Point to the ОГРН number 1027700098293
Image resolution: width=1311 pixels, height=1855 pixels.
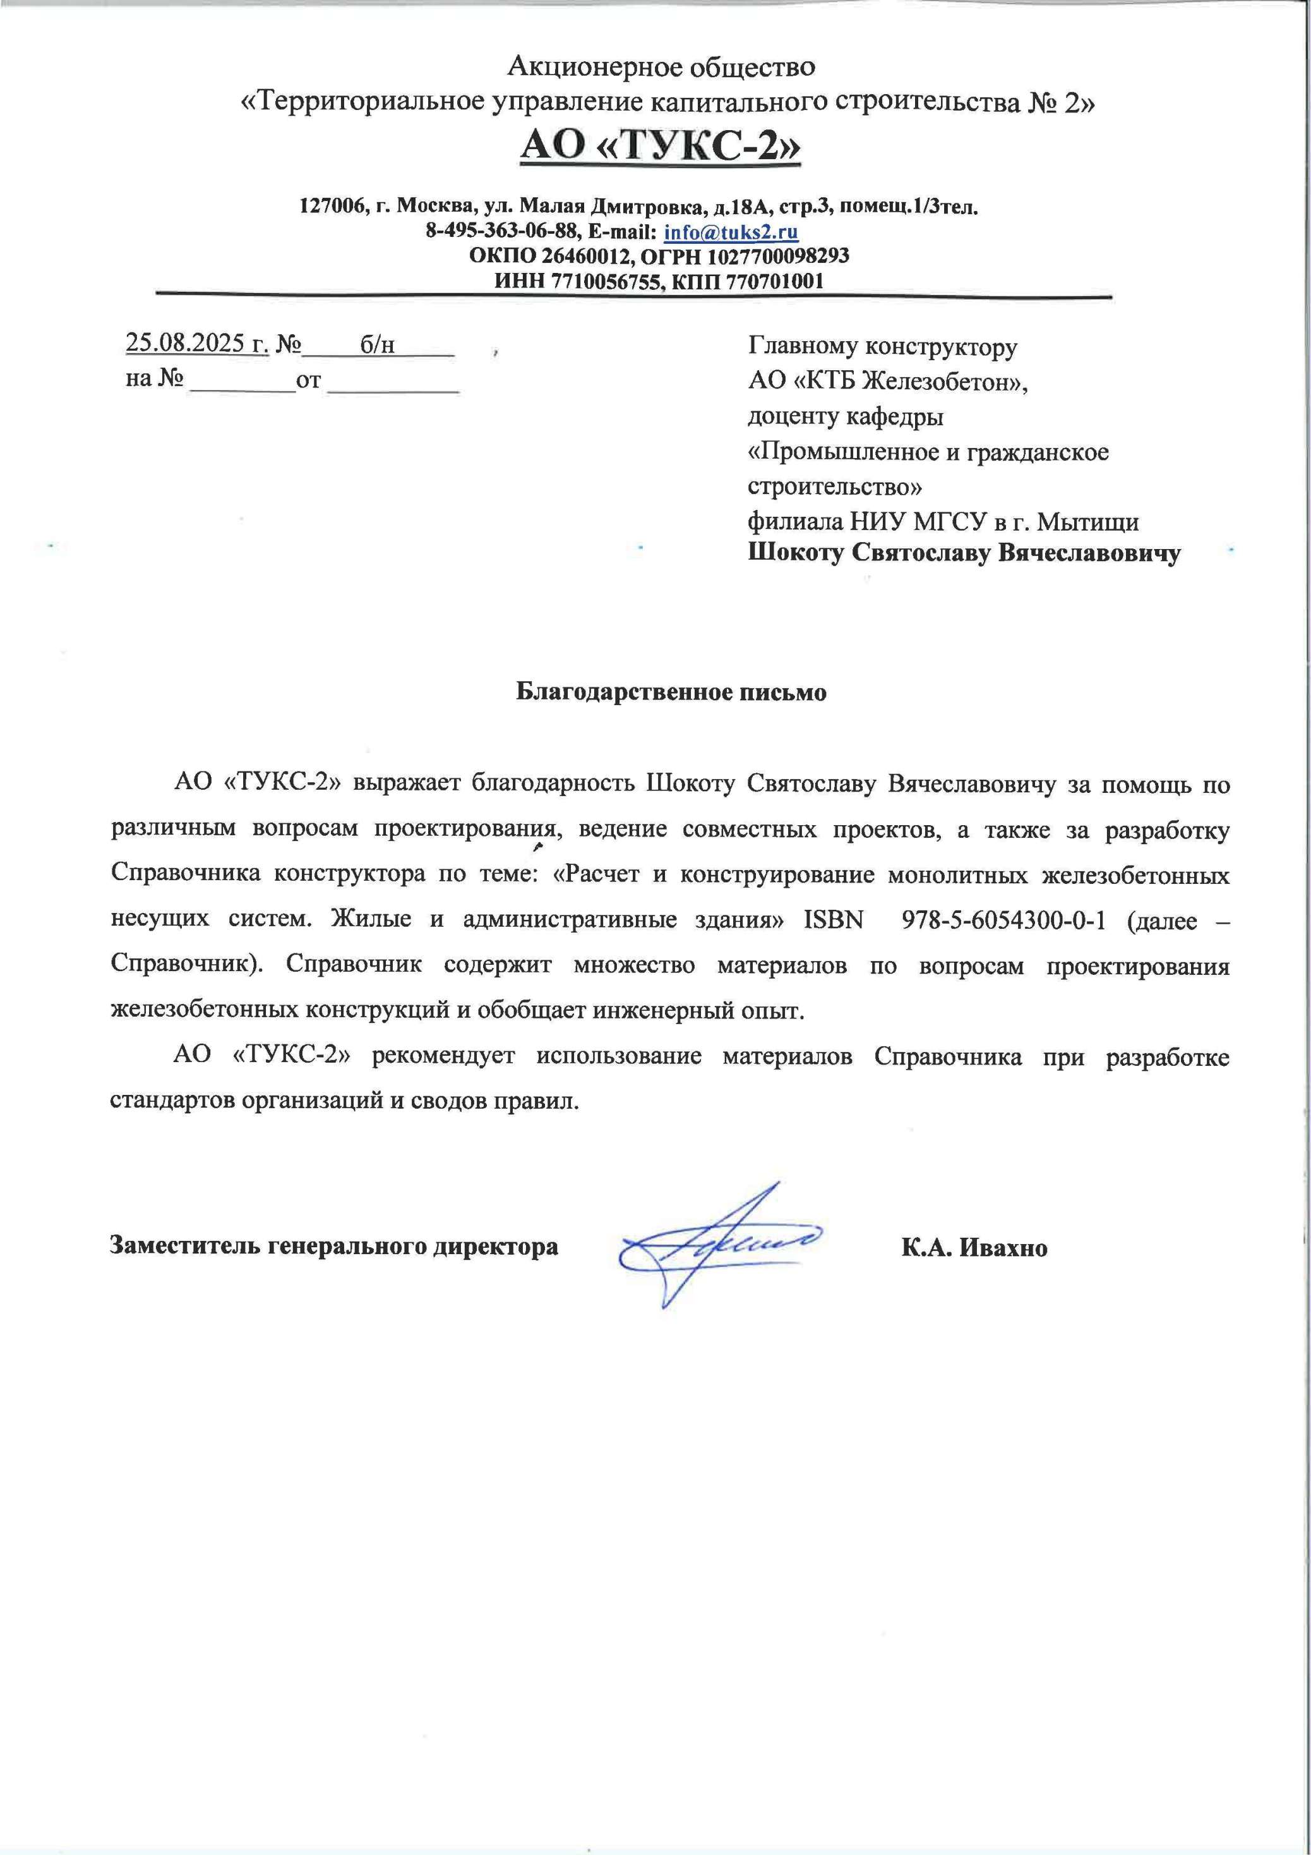(778, 257)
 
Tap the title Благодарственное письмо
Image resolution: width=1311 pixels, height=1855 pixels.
(671, 692)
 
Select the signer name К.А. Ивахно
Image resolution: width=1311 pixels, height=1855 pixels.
(974, 1247)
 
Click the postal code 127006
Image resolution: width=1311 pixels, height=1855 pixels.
(330, 206)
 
